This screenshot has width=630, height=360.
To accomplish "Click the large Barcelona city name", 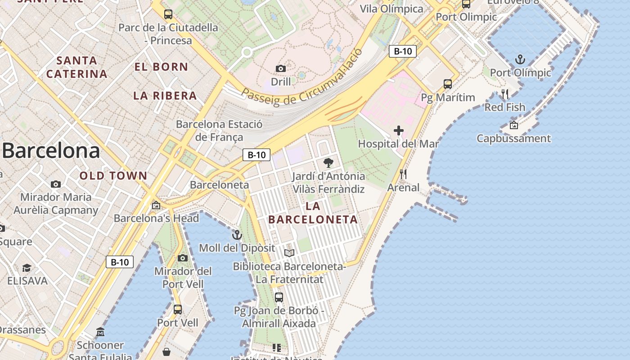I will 51,151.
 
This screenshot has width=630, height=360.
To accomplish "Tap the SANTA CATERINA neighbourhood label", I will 77,67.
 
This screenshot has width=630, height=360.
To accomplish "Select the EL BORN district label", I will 161,67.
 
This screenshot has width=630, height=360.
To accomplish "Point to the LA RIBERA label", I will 165,95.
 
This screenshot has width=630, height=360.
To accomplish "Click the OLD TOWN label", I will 113,176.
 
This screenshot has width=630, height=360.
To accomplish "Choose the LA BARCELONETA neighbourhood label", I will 313,213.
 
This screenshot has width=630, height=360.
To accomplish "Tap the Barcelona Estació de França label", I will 219,130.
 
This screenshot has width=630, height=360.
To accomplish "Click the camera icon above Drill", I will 281,68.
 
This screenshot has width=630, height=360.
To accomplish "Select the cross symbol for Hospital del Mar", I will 399,131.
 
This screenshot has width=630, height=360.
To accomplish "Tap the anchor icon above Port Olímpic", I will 520,59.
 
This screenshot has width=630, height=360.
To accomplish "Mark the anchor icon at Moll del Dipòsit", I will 237,235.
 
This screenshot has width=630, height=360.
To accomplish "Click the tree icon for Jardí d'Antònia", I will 328,163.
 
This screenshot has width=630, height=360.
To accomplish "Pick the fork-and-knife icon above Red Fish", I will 505,94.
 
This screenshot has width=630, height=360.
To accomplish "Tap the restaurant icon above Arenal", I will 403,174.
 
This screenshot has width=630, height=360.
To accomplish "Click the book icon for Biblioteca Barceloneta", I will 289,253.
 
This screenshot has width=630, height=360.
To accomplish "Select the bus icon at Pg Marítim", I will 448,84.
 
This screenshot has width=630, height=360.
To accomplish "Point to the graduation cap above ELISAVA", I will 27,268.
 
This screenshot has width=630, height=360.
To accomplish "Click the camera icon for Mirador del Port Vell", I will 183,258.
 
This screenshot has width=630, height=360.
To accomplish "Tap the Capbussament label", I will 513,138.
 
